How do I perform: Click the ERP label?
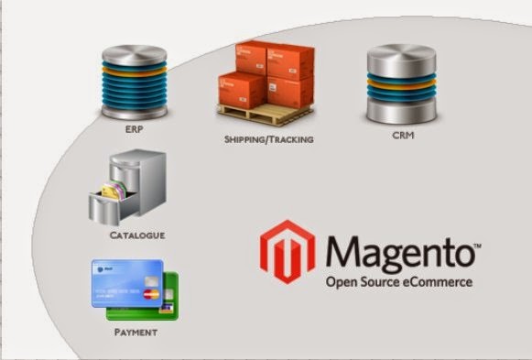click(135, 129)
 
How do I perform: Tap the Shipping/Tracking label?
click(268, 139)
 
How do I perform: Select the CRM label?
click(403, 135)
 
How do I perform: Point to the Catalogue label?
click(137, 235)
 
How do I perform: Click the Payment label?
click(136, 333)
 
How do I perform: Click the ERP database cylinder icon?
click(135, 82)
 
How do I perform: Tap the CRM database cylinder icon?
click(401, 83)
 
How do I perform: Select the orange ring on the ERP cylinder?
click(135, 72)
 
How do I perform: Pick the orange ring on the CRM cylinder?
click(401, 84)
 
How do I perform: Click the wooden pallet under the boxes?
click(266, 115)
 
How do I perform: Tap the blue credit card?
click(127, 283)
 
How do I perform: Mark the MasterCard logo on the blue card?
click(151, 295)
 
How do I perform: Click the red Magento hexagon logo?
click(288, 251)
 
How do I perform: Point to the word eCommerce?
click(438, 282)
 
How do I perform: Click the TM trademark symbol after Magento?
click(477, 245)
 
